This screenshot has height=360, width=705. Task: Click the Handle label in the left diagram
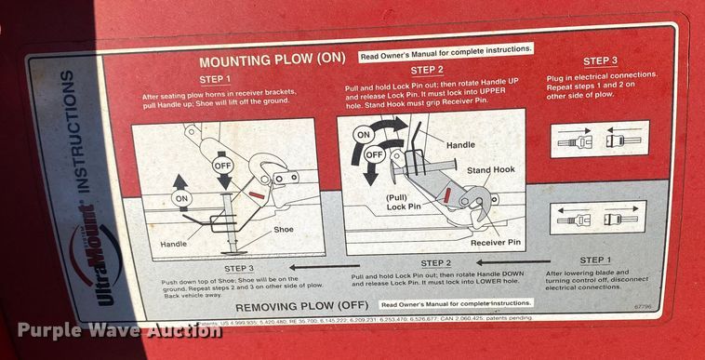174,244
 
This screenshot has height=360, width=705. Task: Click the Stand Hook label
490,170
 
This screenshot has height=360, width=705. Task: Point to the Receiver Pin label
495,243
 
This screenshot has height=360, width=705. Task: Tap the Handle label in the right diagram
460,145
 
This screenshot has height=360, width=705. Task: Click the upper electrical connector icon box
599,139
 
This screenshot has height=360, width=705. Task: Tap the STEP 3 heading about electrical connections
600,60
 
